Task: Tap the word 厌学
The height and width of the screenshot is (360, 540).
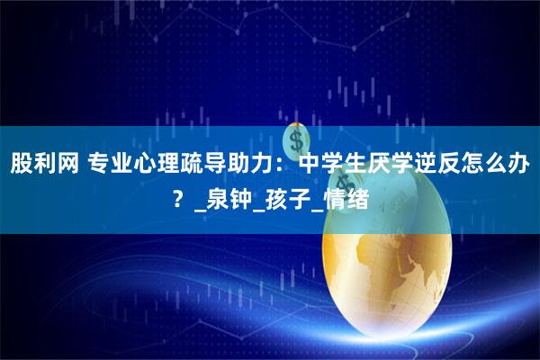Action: click(399, 165)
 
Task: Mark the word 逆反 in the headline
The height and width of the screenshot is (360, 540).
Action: click(449, 165)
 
